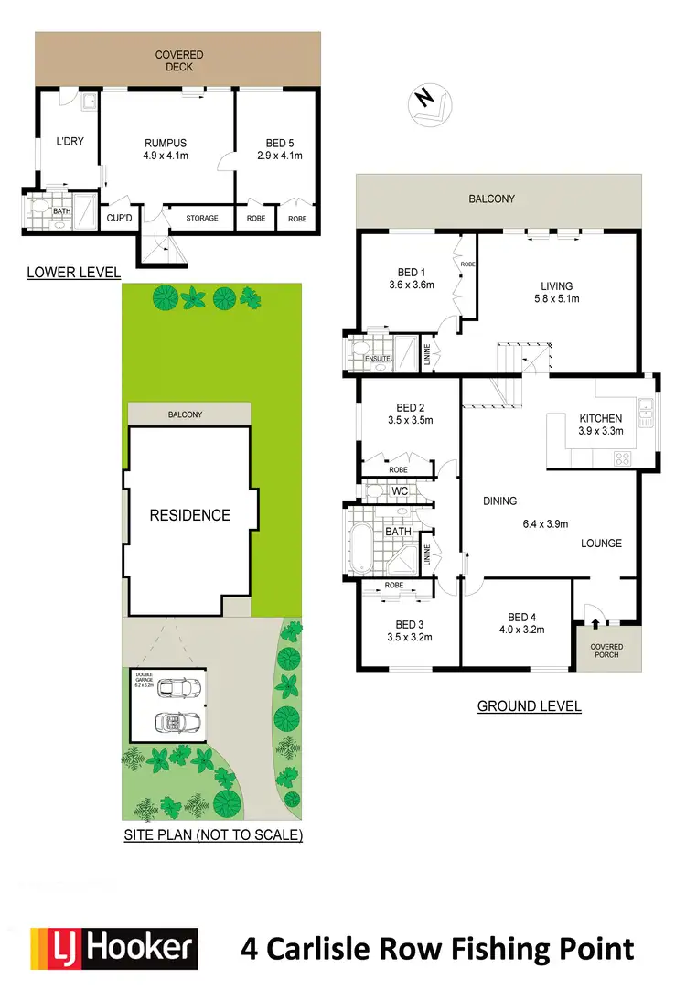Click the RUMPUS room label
point(165,143)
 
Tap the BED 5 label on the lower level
point(279,143)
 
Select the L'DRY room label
point(70,142)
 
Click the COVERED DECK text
point(178,60)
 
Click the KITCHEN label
point(600,418)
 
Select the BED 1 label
point(410,273)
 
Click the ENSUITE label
point(378,359)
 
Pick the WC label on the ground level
point(400,492)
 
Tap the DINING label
point(500,500)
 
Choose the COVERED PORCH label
point(606,650)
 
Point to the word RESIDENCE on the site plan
point(189,515)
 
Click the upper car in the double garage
point(177,687)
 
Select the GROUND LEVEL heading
point(530,706)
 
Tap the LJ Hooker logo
point(114,947)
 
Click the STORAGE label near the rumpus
point(202,219)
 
